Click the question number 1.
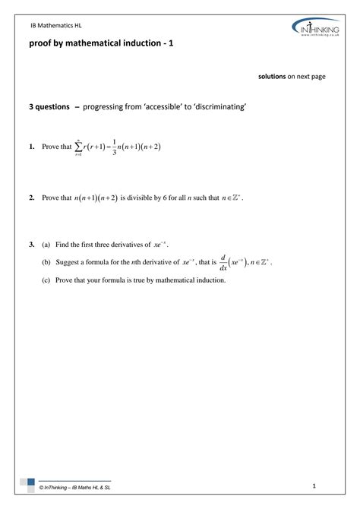pos(31,147)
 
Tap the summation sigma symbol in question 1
pos(78,147)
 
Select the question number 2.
pos(31,198)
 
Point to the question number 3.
pos(31,245)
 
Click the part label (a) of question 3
pos(46,245)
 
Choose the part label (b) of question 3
pos(46,262)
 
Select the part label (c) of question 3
pos(46,280)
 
